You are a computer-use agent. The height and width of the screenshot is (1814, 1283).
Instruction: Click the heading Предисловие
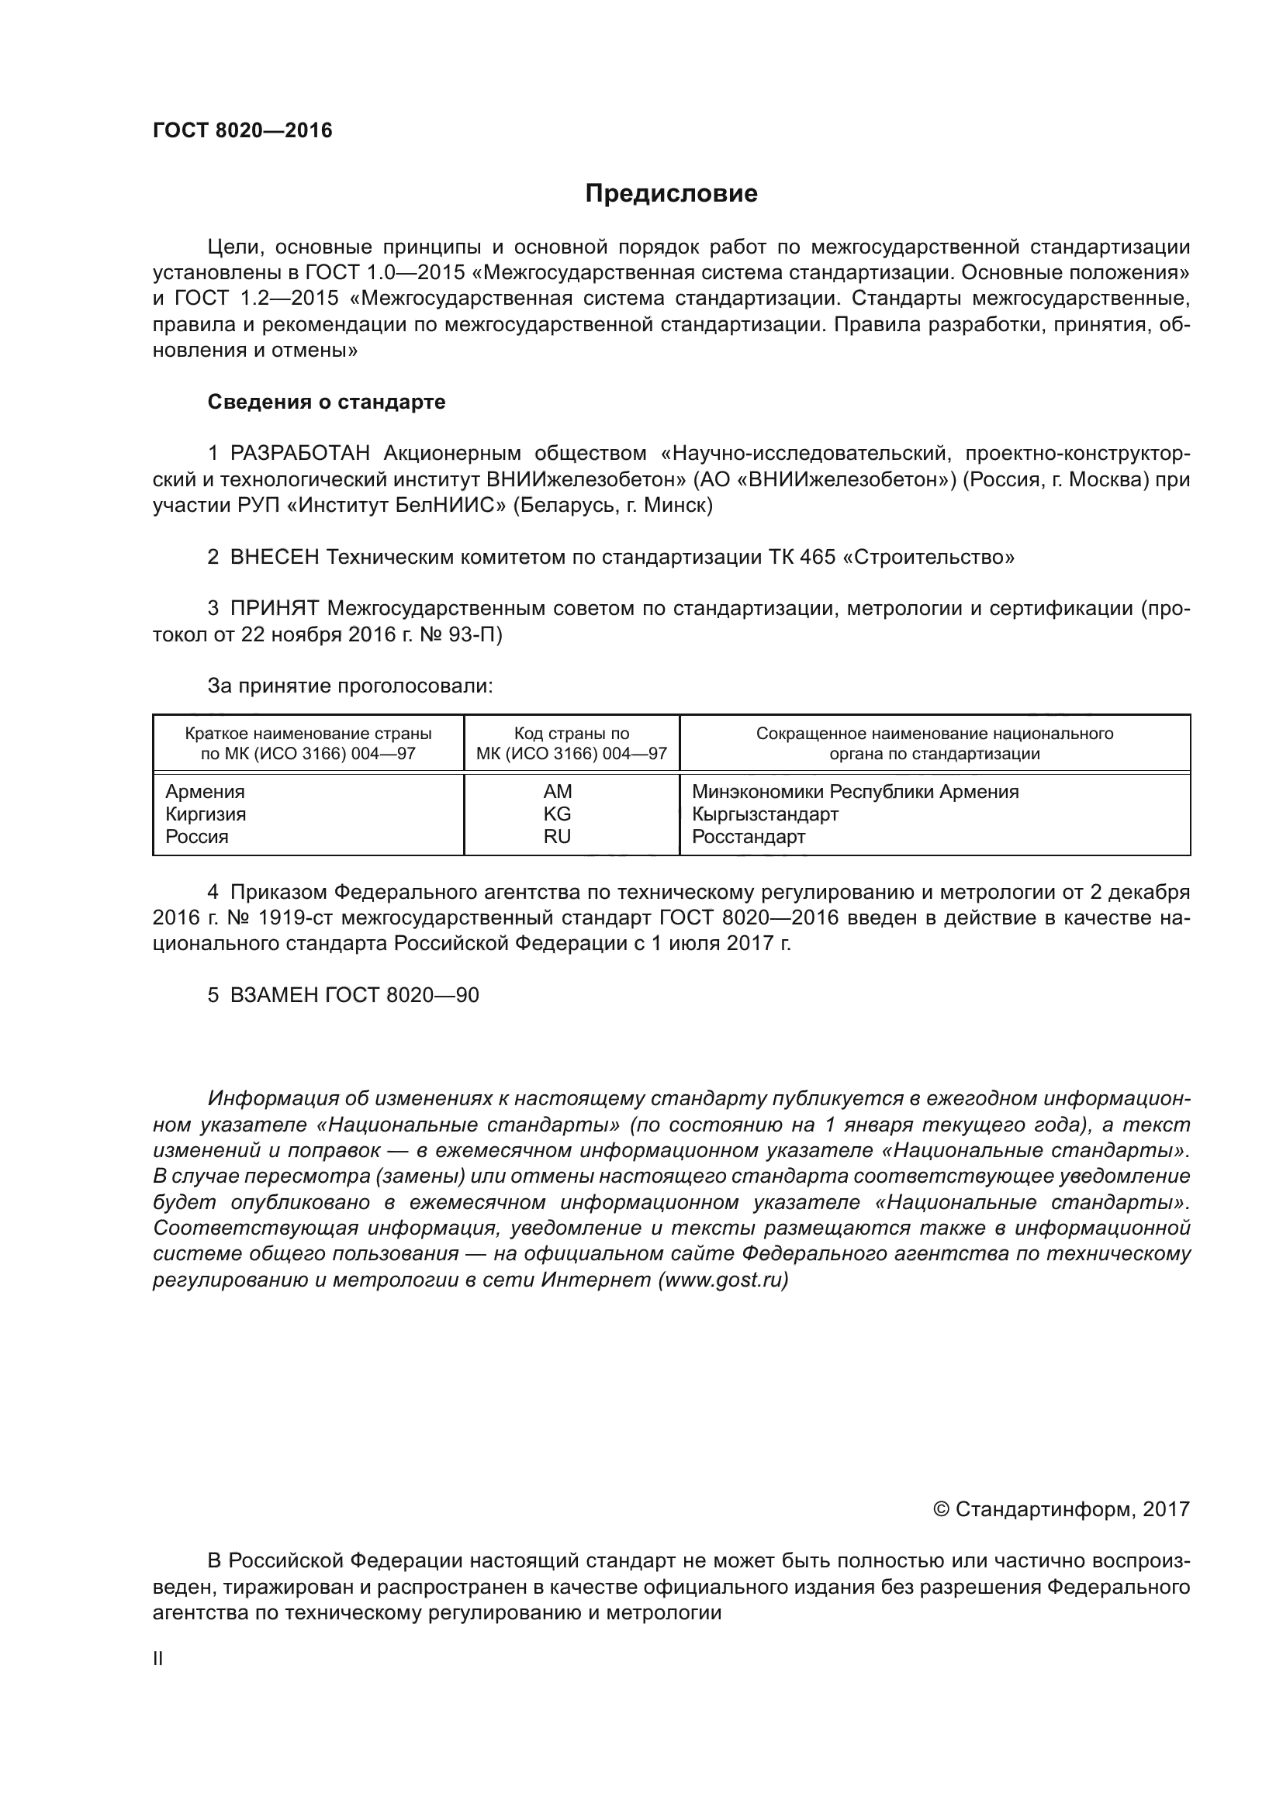pos(671,194)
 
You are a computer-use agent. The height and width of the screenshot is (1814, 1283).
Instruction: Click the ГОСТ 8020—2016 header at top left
pos(243,130)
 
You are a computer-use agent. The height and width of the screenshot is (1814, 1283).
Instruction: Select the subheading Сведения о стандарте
pos(327,403)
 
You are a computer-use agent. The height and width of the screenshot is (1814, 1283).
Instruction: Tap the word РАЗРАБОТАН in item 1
pos(300,454)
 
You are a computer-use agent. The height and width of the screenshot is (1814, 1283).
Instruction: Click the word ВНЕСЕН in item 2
pos(275,557)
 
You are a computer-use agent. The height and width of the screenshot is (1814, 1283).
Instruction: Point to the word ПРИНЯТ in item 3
pos(275,608)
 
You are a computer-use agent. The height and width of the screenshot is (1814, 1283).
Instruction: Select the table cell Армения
pos(206,792)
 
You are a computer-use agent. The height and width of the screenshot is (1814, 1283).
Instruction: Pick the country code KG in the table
pos(557,814)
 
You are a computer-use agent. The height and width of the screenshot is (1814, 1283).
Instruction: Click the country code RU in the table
pos(557,837)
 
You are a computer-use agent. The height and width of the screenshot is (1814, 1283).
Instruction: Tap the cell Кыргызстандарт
pos(765,814)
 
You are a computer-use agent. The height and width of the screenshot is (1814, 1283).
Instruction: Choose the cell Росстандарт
pos(748,837)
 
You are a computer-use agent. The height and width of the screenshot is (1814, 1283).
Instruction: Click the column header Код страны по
pos(571,733)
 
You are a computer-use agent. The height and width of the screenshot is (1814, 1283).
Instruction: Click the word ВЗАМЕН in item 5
pos(275,995)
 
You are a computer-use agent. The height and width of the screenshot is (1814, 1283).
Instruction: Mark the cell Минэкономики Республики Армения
pos(855,792)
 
